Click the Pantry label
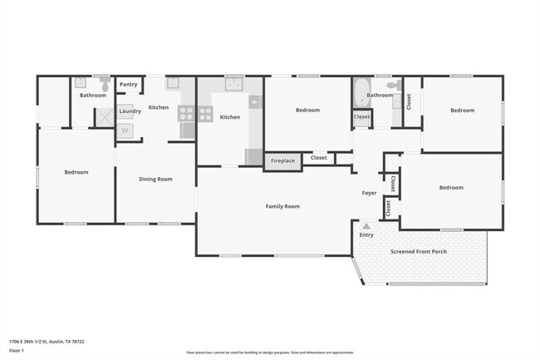(x=129, y=84)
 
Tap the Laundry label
(x=130, y=111)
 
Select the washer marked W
(x=125, y=130)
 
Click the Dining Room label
(x=155, y=179)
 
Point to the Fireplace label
(x=282, y=160)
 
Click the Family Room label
(x=282, y=205)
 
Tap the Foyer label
(x=369, y=193)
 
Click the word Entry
(x=366, y=234)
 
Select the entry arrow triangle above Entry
(x=366, y=224)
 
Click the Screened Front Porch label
(x=420, y=251)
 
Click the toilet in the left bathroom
(x=105, y=84)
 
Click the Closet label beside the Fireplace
(x=319, y=157)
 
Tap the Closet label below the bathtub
(x=361, y=117)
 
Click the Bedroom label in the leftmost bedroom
(x=76, y=172)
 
